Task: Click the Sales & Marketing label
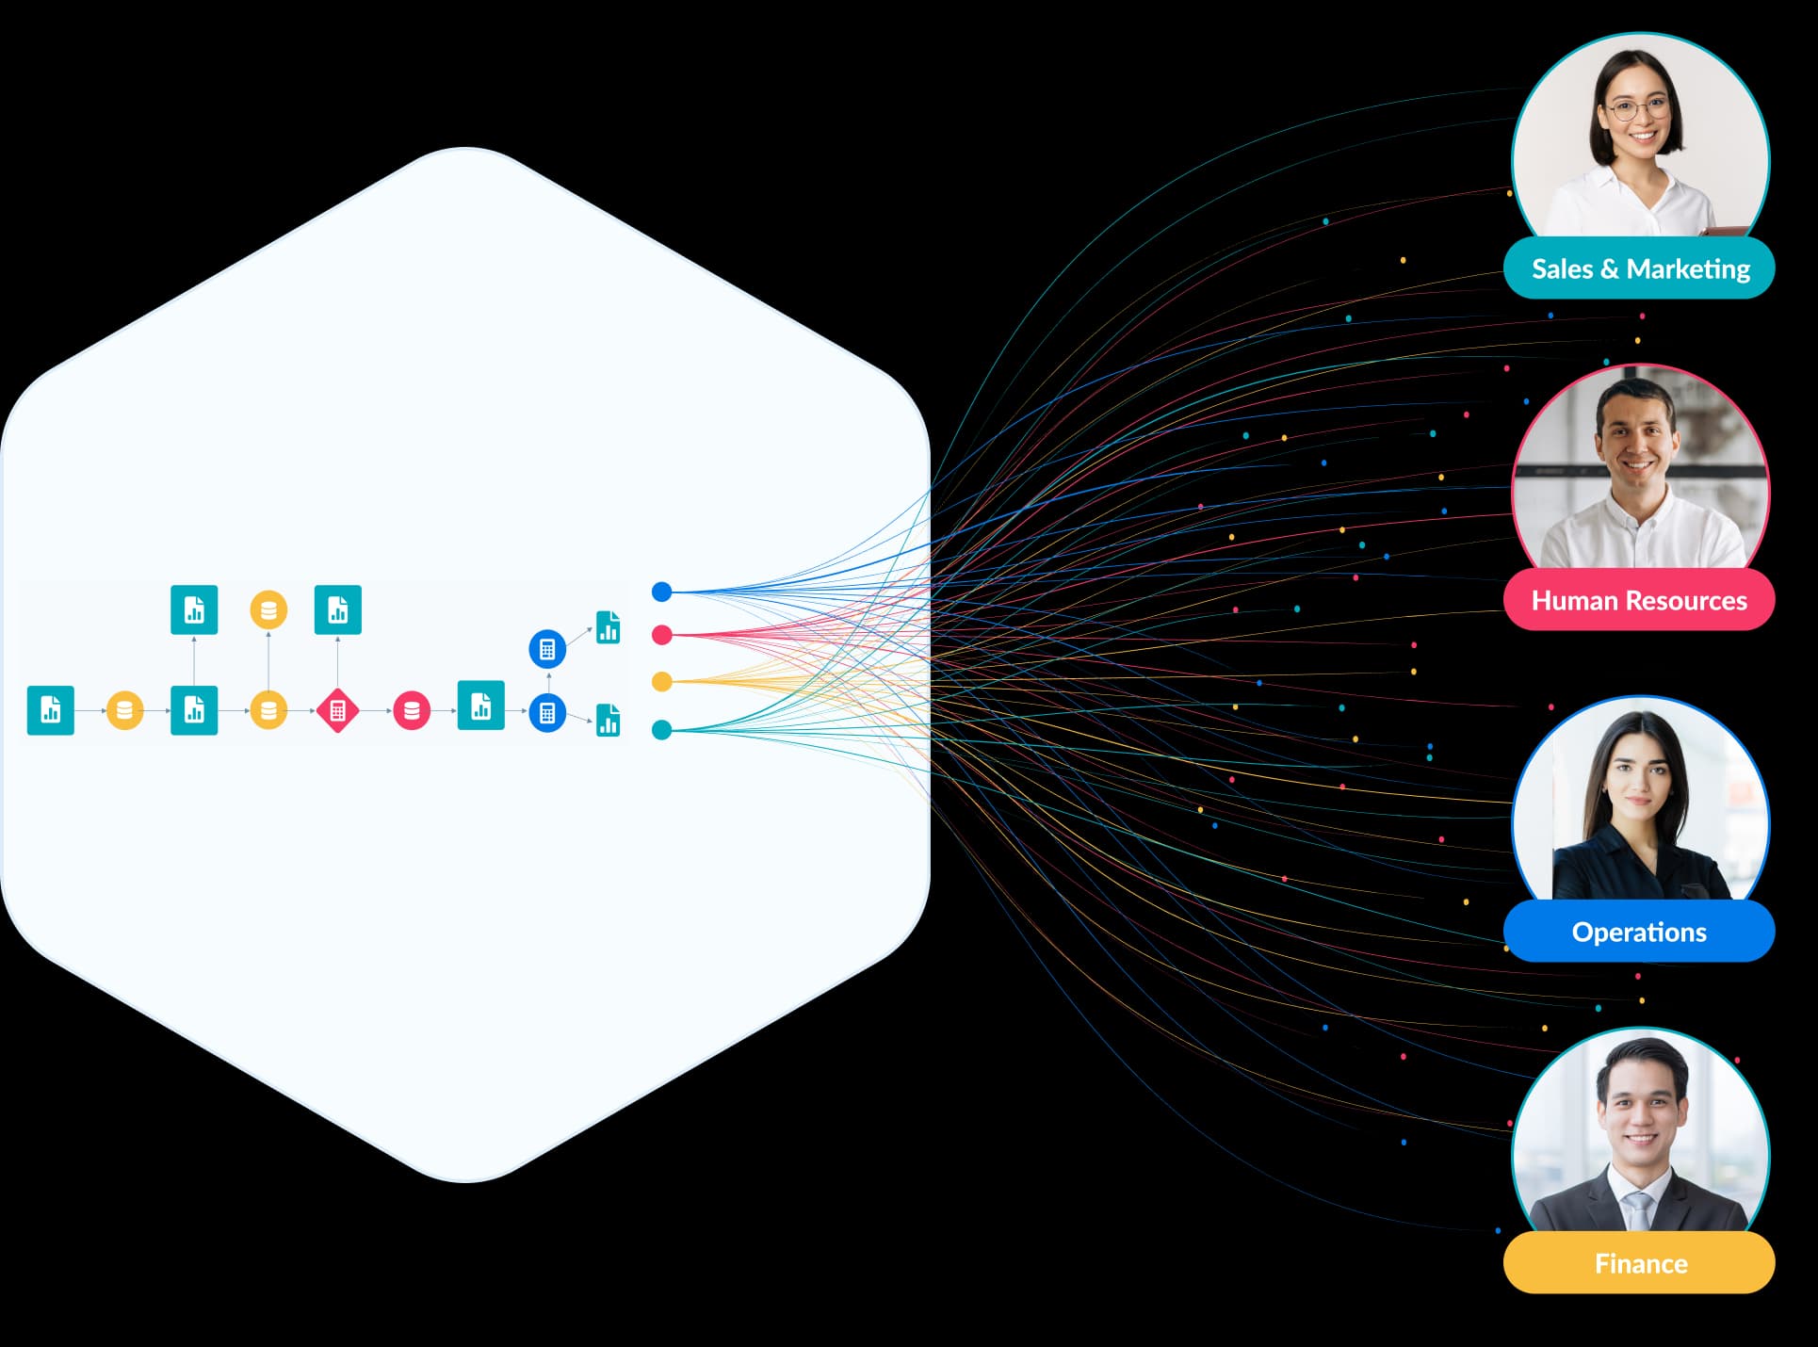1639,269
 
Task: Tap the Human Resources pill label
1639,600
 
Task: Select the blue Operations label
1639,932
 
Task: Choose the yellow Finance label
1639,1263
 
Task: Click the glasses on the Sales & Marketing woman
1638,109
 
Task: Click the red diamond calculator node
337,710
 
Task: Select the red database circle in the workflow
412,710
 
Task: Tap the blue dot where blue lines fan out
662,592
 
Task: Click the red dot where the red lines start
662,635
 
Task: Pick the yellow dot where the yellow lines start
662,681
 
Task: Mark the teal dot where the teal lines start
662,729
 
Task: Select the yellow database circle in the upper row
268,610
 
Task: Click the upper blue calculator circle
547,649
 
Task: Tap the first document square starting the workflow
51,709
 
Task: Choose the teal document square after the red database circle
480,706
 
